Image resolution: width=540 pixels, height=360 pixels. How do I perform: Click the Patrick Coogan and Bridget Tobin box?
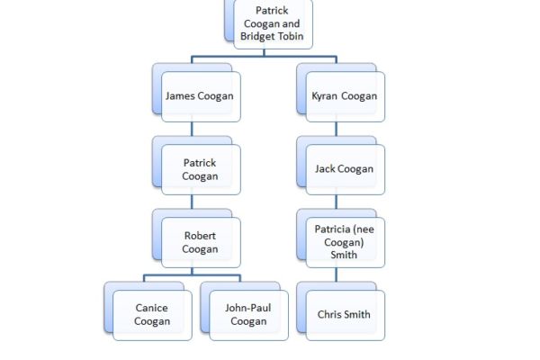click(272, 24)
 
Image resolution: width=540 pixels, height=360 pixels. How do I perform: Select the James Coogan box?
click(200, 95)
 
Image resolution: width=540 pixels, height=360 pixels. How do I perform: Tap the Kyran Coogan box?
click(345, 95)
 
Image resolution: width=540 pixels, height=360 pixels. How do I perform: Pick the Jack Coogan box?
click(345, 168)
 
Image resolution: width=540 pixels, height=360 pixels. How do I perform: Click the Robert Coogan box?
click(200, 242)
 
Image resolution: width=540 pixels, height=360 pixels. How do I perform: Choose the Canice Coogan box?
click(152, 314)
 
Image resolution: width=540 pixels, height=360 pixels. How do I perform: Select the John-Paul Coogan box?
click(248, 314)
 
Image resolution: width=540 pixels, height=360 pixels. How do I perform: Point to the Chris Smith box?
click(345, 314)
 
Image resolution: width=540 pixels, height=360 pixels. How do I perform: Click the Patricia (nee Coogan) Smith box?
click(345, 242)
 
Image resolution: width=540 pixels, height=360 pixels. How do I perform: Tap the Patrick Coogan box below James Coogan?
click(200, 169)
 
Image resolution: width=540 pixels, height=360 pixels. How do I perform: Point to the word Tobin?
click(290, 38)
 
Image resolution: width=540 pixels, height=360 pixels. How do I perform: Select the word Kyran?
click(326, 95)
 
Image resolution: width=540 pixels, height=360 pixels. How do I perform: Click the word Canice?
click(152, 308)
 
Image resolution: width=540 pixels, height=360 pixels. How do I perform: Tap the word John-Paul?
click(248, 308)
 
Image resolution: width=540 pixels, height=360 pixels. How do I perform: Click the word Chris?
click(329, 314)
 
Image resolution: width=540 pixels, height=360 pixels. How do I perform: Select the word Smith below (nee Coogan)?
click(345, 255)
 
